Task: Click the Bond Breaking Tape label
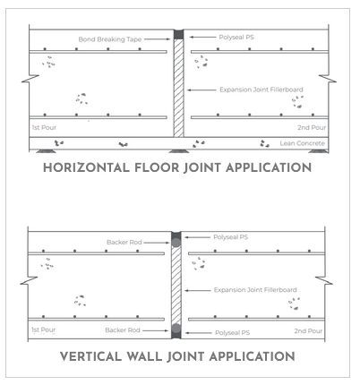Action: tap(110, 39)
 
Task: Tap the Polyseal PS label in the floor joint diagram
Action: tap(236, 38)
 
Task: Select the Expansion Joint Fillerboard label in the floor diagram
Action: tap(261, 90)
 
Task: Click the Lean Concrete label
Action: tap(302, 143)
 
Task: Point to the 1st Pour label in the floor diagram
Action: tap(44, 127)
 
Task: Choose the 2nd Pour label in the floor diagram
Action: tap(312, 127)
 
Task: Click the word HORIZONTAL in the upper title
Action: tap(86, 167)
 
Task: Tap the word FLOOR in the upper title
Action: tap(157, 167)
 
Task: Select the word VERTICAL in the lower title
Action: tap(90, 356)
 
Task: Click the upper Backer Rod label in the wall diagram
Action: tap(124, 242)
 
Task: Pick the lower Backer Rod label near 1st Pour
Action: tap(123, 330)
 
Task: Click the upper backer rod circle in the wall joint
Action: tap(176, 243)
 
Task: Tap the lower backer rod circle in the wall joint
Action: tap(176, 329)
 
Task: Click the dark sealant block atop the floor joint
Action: tap(178, 34)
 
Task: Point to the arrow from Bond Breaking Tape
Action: tap(158, 39)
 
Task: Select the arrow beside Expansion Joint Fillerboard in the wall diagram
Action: tap(198, 290)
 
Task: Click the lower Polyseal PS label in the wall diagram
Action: tap(232, 332)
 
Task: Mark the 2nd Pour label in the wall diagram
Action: tap(308, 331)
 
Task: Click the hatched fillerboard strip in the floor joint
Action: tap(178, 88)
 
